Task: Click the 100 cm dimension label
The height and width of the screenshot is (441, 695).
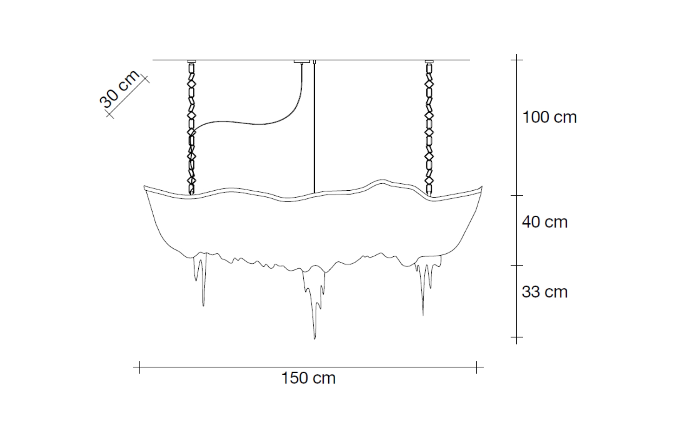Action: (549, 118)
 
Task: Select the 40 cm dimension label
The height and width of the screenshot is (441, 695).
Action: (545, 222)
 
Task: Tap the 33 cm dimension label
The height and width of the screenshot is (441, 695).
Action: (545, 292)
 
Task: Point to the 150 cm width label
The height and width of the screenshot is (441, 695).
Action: (308, 378)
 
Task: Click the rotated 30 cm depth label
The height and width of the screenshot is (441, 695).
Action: (119, 89)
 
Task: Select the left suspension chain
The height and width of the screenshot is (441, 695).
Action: (192, 129)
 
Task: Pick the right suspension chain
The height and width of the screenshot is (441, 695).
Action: (429, 129)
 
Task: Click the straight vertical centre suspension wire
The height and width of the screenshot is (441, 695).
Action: (314, 127)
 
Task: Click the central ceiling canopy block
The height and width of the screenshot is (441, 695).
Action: (302, 61)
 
